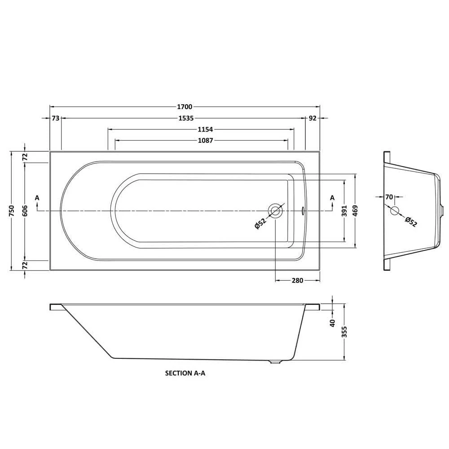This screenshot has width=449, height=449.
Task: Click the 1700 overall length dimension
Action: tap(185, 107)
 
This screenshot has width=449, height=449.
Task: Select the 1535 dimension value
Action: tap(186, 118)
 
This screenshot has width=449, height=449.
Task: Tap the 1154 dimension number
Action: tap(206, 129)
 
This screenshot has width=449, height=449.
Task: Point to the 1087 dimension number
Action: tap(206, 141)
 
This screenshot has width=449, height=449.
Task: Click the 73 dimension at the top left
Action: tap(56, 118)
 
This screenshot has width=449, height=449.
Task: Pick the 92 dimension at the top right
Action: tap(313, 118)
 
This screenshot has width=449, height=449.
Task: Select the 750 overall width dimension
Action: tap(12, 211)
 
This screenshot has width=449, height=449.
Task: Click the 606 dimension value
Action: tap(25, 211)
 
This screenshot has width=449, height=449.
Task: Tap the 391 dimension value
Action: tap(344, 211)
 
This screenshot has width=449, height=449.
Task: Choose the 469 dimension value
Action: tap(356, 211)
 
